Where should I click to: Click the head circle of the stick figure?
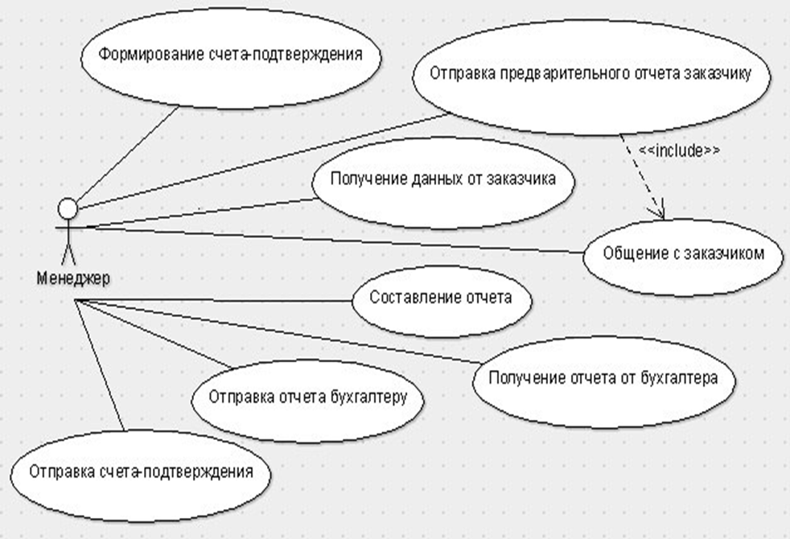[68, 209]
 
